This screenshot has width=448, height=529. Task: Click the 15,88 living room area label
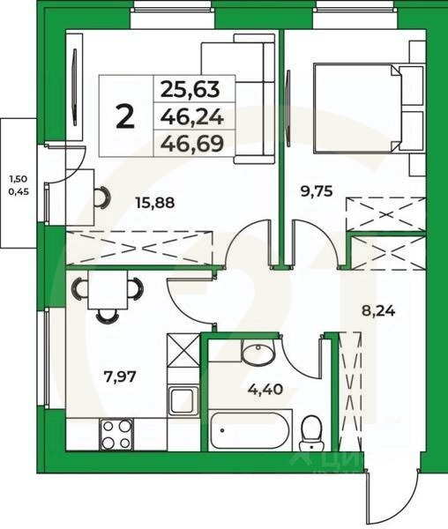tap(154, 202)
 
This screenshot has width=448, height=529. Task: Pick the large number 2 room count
tap(126, 116)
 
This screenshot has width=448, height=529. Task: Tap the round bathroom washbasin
tap(258, 354)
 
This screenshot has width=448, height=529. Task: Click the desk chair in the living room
tap(102, 199)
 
